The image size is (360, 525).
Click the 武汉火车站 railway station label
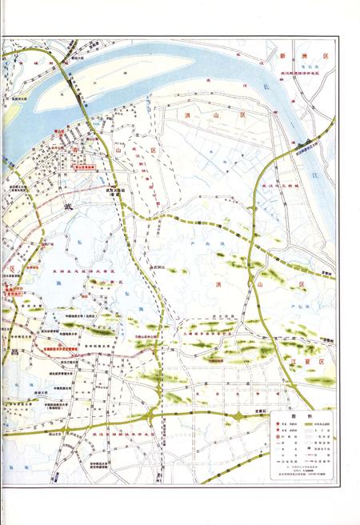114,190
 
